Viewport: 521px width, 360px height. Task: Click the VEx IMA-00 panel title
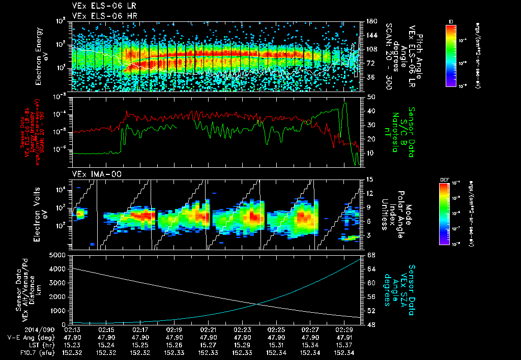click(92, 174)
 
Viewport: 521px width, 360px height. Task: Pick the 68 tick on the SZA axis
click(370, 255)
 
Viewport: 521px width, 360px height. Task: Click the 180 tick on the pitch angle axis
click(371, 21)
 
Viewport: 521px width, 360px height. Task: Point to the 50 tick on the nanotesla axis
click(370, 97)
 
